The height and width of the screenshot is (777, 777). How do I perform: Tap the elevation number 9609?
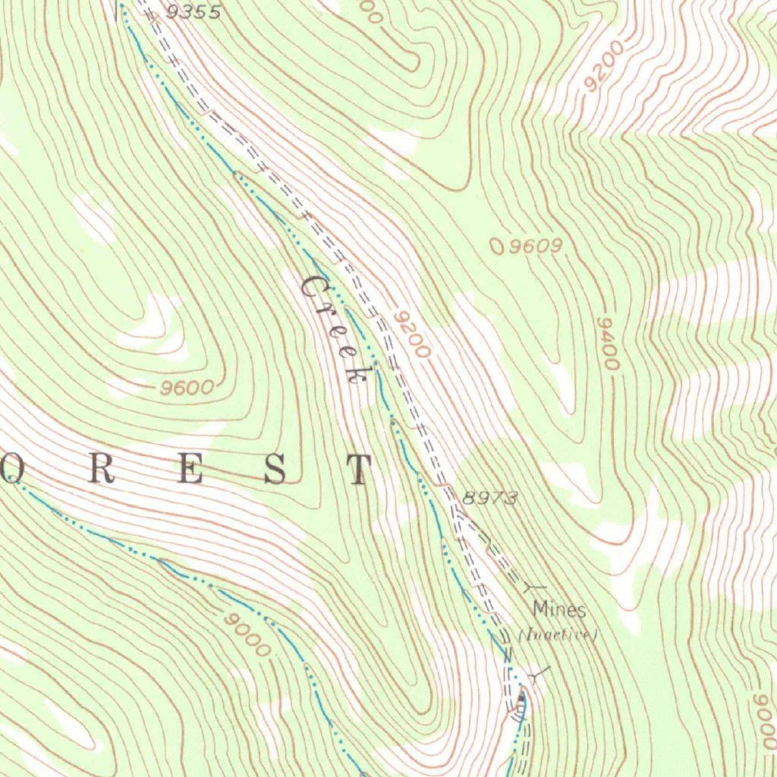pyautogui.click(x=535, y=246)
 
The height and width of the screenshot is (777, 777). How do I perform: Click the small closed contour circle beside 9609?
pyautogui.click(x=497, y=245)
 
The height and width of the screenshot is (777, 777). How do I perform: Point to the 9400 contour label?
pyautogui.click(x=609, y=344)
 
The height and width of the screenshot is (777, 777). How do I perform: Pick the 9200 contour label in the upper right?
pyautogui.click(x=605, y=66)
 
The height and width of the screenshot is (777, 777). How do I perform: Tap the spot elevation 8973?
pyautogui.click(x=489, y=498)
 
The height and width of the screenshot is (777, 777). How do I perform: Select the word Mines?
pyautogui.click(x=558, y=609)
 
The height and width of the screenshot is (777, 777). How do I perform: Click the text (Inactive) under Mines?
pyautogui.click(x=558, y=634)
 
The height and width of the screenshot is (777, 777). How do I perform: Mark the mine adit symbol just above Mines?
pyautogui.click(x=535, y=587)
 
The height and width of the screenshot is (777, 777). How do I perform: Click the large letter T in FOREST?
pyautogui.click(x=357, y=470)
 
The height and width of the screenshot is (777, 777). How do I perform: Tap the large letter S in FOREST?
pyautogui.click(x=275, y=470)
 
